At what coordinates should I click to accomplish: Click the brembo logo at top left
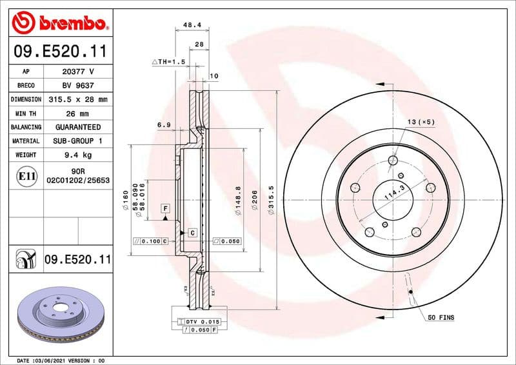pyautogui.click(x=59, y=25)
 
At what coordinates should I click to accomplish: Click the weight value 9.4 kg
pyautogui.click(x=78, y=155)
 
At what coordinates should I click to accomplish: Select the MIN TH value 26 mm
pyautogui.click(x=78, y=113)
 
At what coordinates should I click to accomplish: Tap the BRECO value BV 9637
pyautogui.click(x=78, y=85)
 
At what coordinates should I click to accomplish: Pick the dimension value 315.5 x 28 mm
pyautogui.click(x=78, y=99)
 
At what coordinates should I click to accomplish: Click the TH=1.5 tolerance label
pyautogui.click(x=169, y=61)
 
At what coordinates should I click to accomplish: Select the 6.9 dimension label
pyautogui.click(x=163, y=125)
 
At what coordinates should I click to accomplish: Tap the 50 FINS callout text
pyautogui.click(x=441, y=318)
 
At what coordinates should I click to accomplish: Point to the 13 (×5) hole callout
pyautogui.click(x=421, y=122)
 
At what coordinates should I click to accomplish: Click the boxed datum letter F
pyautogui.click(x=166, y=208)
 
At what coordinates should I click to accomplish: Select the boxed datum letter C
pyautogui.click(x=192, y=232)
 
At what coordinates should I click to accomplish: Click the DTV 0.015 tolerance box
pyautogui.click(x=202, y=321)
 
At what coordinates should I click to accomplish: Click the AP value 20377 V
pyautogui.click(x=78, y=72)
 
